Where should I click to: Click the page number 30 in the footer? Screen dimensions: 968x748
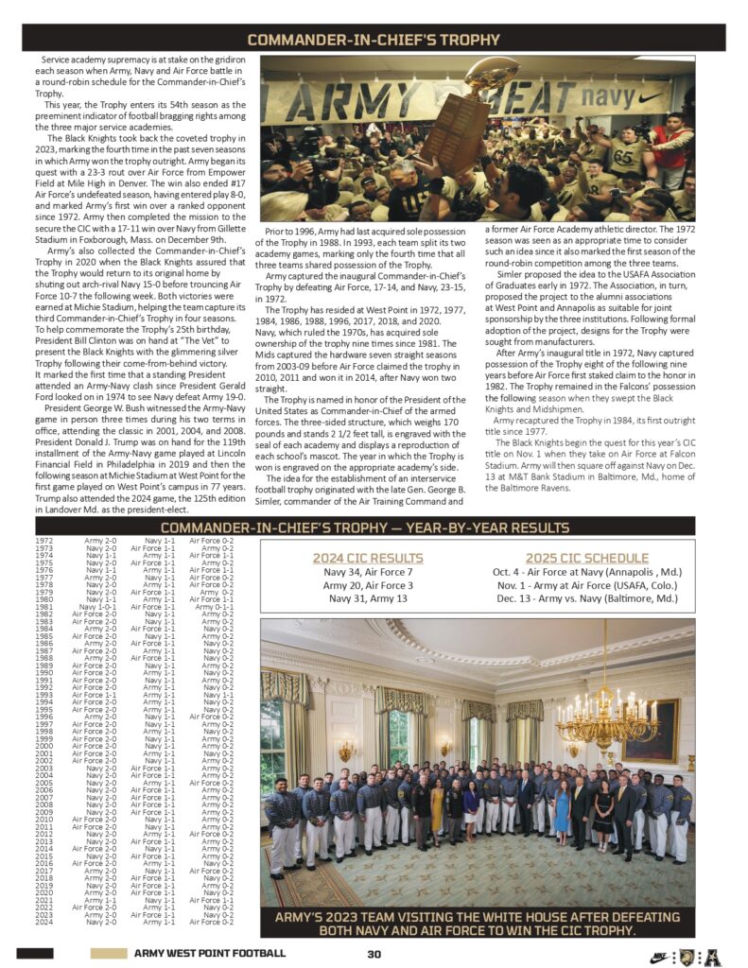374,954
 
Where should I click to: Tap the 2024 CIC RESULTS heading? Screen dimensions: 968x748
368,558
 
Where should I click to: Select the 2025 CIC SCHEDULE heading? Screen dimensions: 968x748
586,558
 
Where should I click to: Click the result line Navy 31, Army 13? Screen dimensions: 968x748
368,599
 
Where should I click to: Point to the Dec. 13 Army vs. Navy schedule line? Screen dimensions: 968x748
585,599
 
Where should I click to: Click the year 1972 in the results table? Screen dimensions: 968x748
43,540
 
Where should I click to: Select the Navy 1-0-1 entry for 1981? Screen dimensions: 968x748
98,606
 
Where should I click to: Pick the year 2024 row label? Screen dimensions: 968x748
43,922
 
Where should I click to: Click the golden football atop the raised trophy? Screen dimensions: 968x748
492,75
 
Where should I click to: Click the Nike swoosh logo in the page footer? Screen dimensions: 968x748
658,955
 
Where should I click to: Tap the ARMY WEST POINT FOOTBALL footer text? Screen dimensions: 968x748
209,954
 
